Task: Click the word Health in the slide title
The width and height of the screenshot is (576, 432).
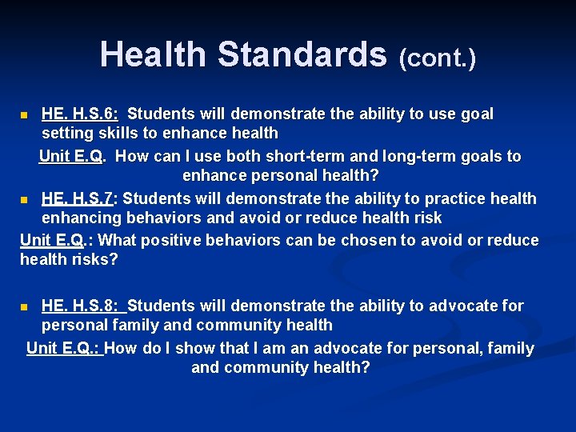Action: [153, 54]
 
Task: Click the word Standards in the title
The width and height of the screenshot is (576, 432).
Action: [302, 54]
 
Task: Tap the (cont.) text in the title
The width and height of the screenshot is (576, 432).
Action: [437, 58]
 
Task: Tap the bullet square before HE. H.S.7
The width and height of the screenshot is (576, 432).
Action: [25, 199]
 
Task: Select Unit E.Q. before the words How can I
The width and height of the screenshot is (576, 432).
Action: [72, 156]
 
